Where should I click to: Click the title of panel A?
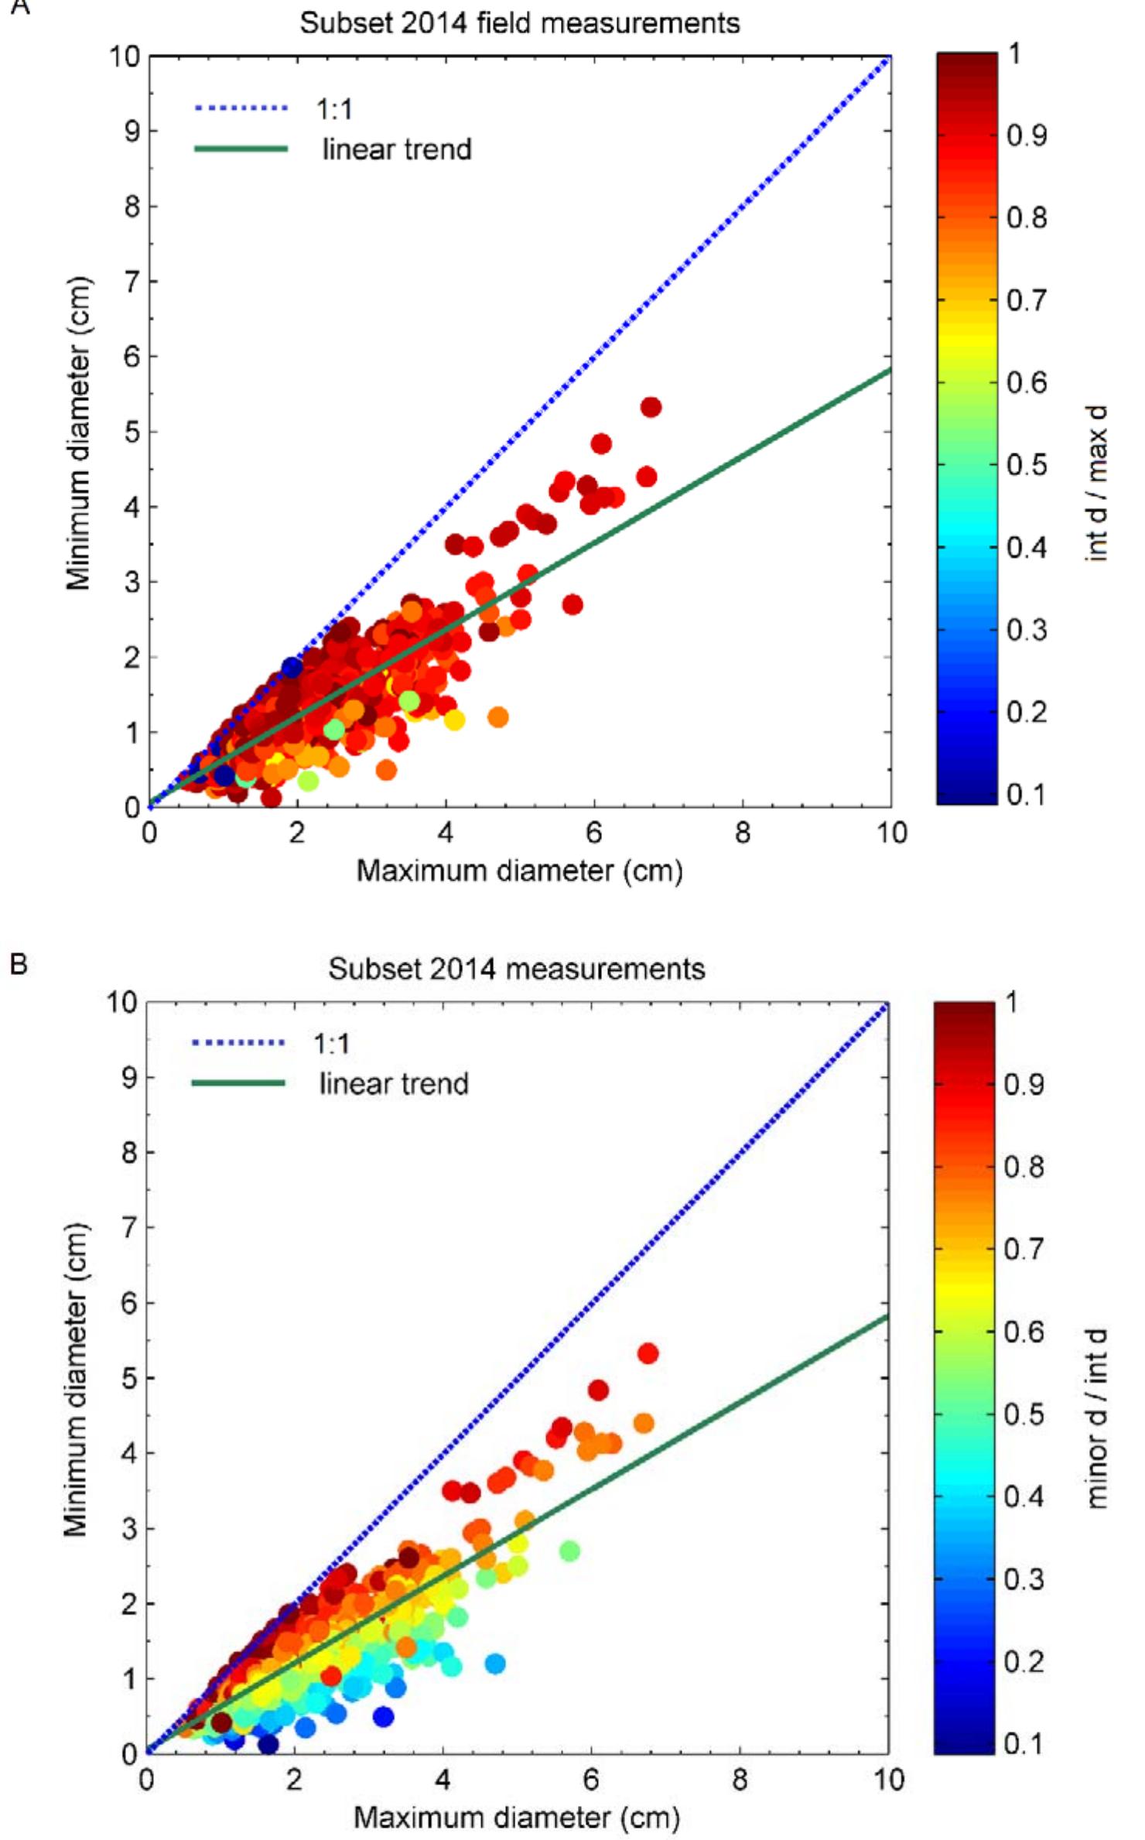pyautogui.click(x=519, y=23)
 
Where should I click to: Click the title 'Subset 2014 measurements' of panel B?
pyautogui.click(x=516, y=969)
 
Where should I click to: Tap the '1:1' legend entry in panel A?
pyautogui.click(x=334, y=109)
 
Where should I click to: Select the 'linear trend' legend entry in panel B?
pyautogui.click(x=393, y=1083)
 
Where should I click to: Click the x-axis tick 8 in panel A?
pyautogui.click(x=743, y=833)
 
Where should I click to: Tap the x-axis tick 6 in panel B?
pyautogui.click(x=590, y=1780)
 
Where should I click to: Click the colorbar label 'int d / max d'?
pyautogui.click(x=1098, y=481)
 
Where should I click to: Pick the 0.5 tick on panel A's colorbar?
pyautogui.click(x=1027, y=465)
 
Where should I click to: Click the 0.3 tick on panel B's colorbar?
pyautogui.click(x=1024, y=1578)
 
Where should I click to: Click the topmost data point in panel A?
pyautogui.click(x=651, y=407)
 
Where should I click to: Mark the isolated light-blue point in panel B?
pyautogui.click(x=494, y=1664)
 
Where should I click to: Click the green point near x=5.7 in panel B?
pyautogui.click(x=569, y=1551)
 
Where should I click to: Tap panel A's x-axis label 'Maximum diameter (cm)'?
pyautogui.click(x=519, y=871)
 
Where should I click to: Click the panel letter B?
pyautogui.click(x=18, y=964)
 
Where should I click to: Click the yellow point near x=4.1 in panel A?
pyautogui.click(x=454, y=720)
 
